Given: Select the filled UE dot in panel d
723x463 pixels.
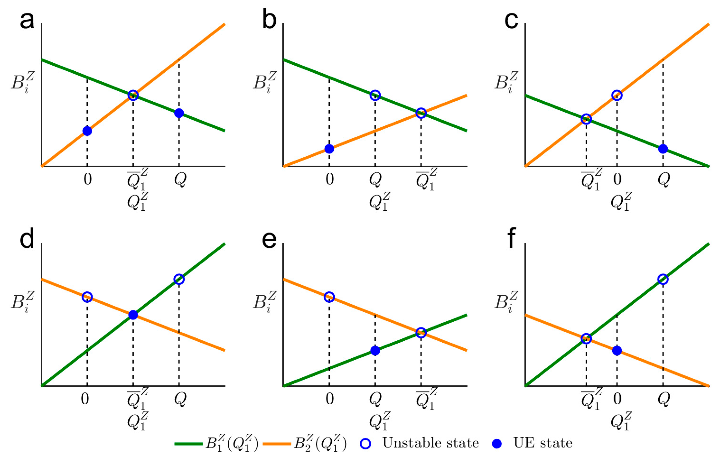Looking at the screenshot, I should [133, 315].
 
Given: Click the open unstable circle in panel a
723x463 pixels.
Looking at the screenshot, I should [133, 95].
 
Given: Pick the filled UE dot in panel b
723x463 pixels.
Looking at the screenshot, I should [329, 148].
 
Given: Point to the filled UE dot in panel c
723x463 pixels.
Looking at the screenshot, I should [663, 148].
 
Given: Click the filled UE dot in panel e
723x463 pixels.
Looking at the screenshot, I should [375, 350].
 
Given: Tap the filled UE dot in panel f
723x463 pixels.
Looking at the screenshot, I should [617, 350].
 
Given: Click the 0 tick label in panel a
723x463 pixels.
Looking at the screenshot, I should [88, 179].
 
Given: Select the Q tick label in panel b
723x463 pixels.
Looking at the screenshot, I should [375, 180].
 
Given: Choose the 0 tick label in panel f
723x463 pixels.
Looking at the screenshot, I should [617, 399].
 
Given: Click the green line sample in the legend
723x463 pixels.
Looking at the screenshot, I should [189, 443].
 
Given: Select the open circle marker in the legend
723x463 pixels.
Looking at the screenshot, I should [365, 443].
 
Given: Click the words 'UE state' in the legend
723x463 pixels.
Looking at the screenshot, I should [543, 443].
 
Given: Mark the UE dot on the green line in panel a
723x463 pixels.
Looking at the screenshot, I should [179, 113].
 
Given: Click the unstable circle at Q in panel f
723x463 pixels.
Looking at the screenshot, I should [663, 279].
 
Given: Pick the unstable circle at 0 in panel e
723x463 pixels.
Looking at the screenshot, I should [329, 297].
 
